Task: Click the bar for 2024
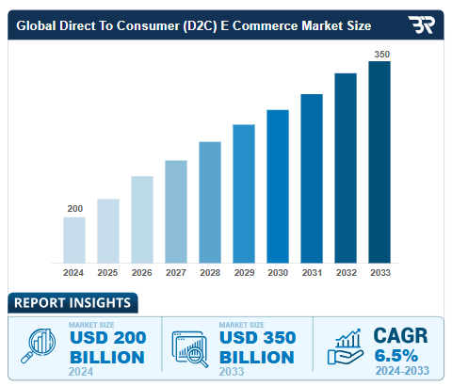74,240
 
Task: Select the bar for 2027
176,212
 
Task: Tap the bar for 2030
278,186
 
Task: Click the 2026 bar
142,219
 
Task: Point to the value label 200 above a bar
74,208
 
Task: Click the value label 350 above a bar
380,54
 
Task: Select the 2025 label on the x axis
108,273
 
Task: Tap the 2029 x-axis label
244,273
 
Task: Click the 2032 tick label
346,273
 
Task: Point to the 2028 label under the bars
210,273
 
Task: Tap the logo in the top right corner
421,24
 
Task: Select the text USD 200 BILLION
106,347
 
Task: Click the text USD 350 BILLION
257,347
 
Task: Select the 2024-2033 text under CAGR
401,371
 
